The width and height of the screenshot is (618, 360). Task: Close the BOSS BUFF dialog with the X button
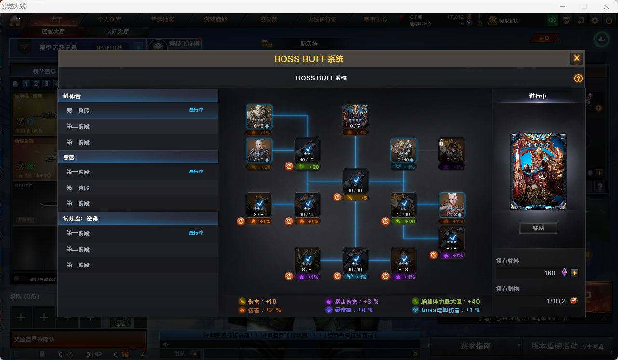click(x=576, y=59)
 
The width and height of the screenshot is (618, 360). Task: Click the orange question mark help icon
click(x=578, y=79)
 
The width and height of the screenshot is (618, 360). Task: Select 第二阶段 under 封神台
click(x=78, y=126)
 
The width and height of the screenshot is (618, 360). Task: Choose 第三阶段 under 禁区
click(x=78, y=203)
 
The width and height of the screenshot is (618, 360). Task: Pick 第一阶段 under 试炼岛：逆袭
click(x=78, y=233)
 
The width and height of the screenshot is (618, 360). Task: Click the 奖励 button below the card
click(x=538, y=228)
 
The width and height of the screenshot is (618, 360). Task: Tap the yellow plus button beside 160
click(x=574, y=273)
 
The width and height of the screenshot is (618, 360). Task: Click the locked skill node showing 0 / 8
click(x=452, y=150)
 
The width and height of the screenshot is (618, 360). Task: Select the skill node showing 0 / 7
click(x=355, y=116)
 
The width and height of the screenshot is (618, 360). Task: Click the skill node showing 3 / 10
click(x=403, y=150)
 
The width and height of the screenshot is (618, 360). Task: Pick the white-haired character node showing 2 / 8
click(x=452, y=205)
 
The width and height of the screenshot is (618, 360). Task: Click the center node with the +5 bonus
click(x=355, y=181)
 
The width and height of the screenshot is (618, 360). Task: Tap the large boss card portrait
click(x=538, y=172)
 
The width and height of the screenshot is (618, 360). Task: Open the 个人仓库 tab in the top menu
click(x=109, y=20)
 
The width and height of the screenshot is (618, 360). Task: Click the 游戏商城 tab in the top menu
click(x=215, y=20)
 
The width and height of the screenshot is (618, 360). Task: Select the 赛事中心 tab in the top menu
click(x=375, y=20)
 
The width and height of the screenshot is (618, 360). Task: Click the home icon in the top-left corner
click(x=14, y=21)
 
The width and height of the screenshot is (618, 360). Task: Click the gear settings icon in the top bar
click(x=595, y=20)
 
